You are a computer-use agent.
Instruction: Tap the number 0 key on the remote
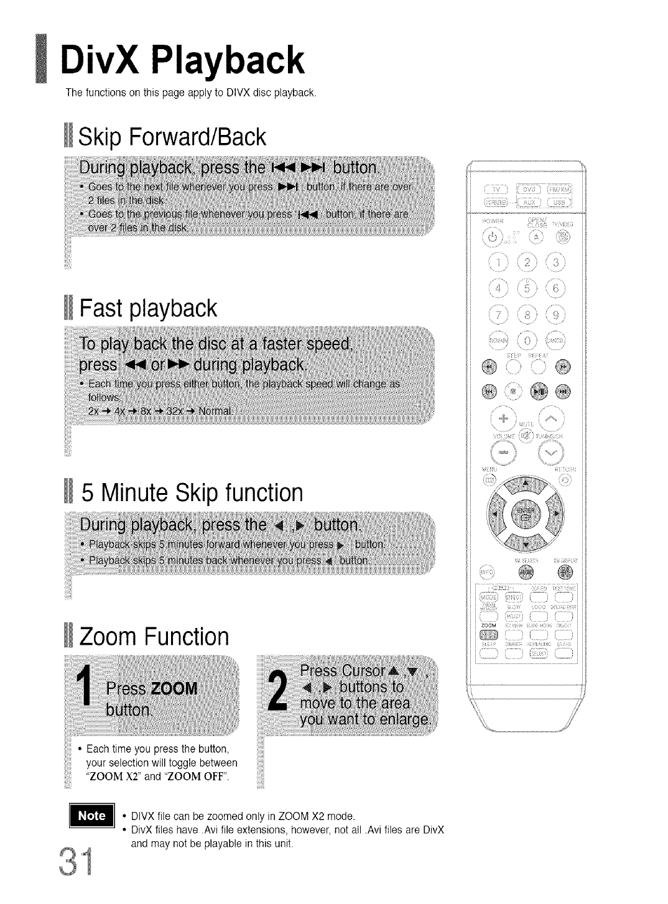pyautogui.click(x=527, y=341)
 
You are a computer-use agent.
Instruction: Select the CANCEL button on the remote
pyautogui.click(x=555, y=341)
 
